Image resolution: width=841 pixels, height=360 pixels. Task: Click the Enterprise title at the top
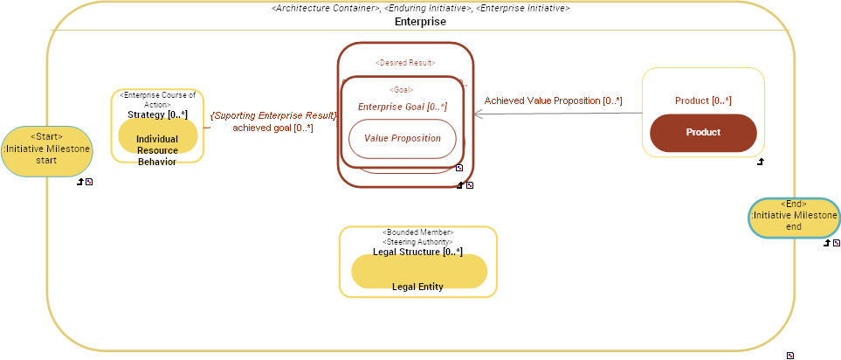[420, 22]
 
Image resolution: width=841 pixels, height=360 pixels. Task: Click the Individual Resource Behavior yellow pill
[157, 140]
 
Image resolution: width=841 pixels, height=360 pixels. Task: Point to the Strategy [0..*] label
[157, 114]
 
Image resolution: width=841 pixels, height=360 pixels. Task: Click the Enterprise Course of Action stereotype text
[157, 100]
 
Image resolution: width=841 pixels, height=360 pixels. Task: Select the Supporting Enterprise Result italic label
[273, 115]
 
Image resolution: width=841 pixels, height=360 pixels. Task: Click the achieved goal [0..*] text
[272, 128]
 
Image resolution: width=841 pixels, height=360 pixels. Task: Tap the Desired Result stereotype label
[405, 63]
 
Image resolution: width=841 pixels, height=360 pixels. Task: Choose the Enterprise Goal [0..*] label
[402, 107]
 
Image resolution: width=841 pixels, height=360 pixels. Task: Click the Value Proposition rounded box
[402, 138]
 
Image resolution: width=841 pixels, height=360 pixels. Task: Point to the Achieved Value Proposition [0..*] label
[553, 100]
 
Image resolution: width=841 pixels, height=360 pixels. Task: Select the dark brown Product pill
[703, 132]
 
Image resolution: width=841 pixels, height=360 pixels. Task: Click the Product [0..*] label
[703, 100]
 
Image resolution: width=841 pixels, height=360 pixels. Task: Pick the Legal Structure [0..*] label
[417, 252]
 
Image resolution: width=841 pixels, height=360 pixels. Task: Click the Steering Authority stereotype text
[417, 241]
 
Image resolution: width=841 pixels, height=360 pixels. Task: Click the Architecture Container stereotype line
[420, 8]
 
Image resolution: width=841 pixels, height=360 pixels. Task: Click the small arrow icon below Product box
[760, 162]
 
